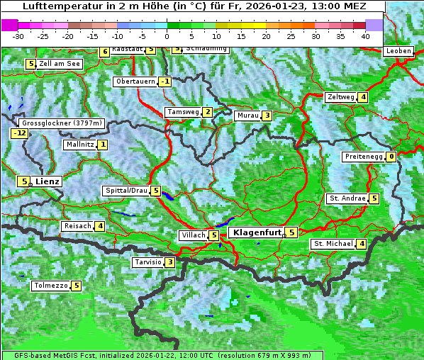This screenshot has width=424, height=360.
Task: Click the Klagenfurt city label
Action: (x=255, y=232)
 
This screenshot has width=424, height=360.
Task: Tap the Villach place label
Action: (x=193, y=235)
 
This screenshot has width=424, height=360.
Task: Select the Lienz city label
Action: (x=48, y=181)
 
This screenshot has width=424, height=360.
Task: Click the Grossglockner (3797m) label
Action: (x=62, y=123)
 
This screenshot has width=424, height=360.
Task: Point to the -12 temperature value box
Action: (x=19, y=133)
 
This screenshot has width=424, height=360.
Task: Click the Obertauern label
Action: (x=135, y=81)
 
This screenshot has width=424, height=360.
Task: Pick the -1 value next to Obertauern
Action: (x=165, y=81)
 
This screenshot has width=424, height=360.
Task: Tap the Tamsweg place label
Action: (x=182, y=112)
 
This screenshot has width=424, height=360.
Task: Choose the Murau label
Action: (x=247, y=116)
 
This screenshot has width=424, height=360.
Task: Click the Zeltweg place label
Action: (x=340, y=97)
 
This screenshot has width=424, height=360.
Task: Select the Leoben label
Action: (x=398, y=51)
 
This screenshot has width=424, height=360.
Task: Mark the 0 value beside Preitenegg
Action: (x=391, y=157)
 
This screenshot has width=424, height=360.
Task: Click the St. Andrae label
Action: (x=347, y=198)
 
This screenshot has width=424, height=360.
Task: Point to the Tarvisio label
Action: (x=147, y=262)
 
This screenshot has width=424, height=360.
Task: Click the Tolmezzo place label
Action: (x=50, y=286)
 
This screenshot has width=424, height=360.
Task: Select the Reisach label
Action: (x=77, y=226)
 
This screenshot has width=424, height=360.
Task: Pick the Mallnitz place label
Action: (x=79, y=145)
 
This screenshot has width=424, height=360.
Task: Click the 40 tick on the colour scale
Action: (x=365, y=35)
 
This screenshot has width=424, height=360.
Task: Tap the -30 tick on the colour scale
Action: (x=18, y=35)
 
